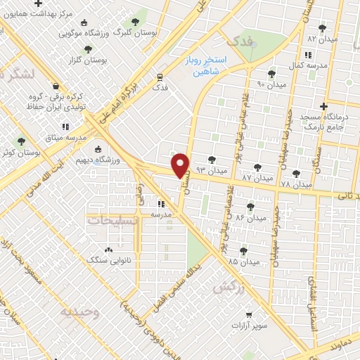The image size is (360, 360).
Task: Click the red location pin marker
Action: coord(181,165)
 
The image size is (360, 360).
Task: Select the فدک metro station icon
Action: coord(160,77)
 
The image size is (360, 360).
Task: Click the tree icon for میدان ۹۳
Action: coord(212,160)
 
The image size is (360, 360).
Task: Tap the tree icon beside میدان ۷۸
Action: coord(296,172)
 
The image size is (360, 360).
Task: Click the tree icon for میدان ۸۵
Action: coord(243,251)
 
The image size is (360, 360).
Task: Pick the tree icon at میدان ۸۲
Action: coord(323,28)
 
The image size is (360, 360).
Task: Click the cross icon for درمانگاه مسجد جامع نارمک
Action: coord(323,106)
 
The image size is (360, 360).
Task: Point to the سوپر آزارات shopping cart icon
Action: coord(248,315)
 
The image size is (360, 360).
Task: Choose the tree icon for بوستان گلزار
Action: coord(88,49)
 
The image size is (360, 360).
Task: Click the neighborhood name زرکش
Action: coord(229,288)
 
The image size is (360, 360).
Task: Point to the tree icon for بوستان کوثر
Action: coord(21,141)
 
